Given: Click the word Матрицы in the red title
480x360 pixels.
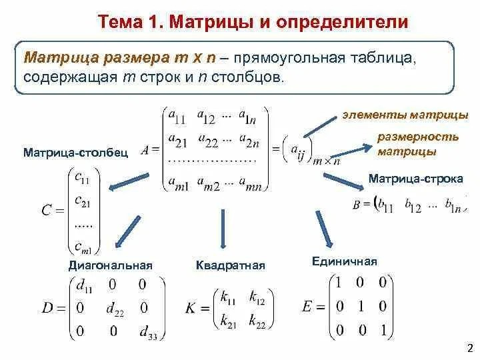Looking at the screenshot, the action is pyautogui.click(x=211, y=22).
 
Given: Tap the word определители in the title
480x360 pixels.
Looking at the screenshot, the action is pyautogui.click(x=342, y=23).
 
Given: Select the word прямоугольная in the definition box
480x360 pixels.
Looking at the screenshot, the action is pyautogui.click(x=289, y=58).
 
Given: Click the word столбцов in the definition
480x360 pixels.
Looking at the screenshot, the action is pyautogui.click(x=247, y=77).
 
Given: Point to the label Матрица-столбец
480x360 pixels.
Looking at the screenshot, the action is pyautogui.click(x=76, y=153).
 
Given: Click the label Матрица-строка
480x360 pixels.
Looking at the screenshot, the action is pyautogui.click(x=416, y=179).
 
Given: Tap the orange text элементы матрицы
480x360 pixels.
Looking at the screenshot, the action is pyautogui.click(x=405, y=115).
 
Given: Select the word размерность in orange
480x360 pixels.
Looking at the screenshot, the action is pyautogui.click(x=418, y=137).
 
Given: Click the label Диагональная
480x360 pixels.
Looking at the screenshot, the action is pyautogui.click(x=111, y=265).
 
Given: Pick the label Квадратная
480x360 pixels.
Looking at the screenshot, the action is pyautogui.click(x=231, y=265).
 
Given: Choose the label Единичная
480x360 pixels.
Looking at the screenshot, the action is pyautogui.click(x=345, y=261).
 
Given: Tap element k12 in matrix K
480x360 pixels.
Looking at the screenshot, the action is pyautogui.click(x=257, y=297).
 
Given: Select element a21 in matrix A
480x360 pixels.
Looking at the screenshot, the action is pyautogui.click(x=177, y=140).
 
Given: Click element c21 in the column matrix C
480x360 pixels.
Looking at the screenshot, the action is pyautogui.click(x=83, y=201).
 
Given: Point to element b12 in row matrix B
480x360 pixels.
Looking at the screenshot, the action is pyautogui.click(x=413, y=205).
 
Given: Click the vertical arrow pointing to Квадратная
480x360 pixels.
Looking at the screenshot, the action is pyautogui.click(x=223, y=229).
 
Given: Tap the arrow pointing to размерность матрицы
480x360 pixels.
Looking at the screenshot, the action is pyautogui.click(x=351, y=151).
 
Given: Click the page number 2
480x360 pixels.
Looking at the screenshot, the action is pyautogui.click(x=470, y=348).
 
